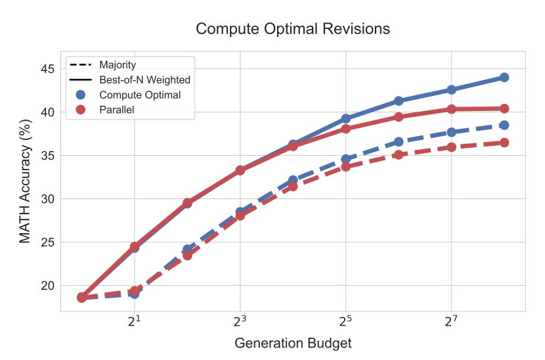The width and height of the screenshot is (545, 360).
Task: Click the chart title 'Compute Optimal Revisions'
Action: coord(293,29)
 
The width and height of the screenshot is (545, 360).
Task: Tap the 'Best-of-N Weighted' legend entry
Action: coord(144,79)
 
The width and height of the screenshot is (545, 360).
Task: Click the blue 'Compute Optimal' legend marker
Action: coord(81,95)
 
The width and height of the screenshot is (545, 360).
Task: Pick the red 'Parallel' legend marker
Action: coord(81,110)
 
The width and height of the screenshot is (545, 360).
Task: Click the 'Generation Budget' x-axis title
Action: coord(293,343)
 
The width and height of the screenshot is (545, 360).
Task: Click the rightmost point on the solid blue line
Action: coord(504,78)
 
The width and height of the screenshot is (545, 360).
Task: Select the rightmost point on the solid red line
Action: coord(504,108)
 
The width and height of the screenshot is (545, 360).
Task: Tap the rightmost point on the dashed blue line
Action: coord(504,125)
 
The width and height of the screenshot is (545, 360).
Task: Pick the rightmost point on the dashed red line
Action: coord(504,143)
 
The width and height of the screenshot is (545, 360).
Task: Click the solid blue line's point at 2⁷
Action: coord(451,89)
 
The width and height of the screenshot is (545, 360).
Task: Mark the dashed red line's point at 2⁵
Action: coord(345,167)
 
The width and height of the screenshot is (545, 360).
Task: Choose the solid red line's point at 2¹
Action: coord(135,247)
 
